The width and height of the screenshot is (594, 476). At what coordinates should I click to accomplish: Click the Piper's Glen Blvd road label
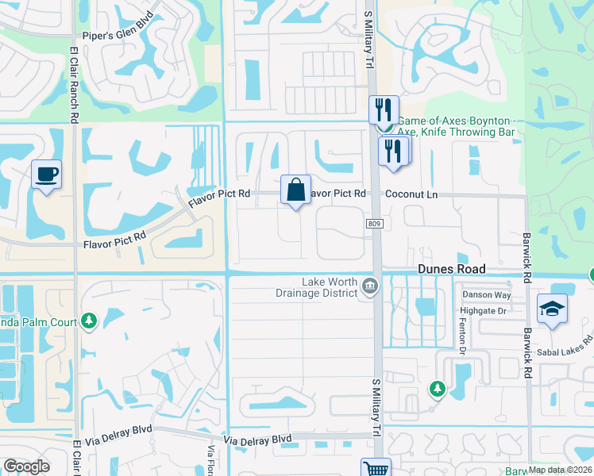point(118,36)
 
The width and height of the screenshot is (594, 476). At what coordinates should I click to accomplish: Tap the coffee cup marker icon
point(46,174)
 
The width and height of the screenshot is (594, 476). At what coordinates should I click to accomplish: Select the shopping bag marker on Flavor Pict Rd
point(295,190)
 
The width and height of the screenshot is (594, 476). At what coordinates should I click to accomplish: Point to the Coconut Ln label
point(411,194)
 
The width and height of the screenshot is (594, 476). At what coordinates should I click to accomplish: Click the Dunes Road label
point(451,270)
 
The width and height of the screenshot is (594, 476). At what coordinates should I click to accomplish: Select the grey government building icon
point(369,286)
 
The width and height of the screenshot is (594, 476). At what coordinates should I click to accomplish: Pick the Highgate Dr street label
point(484,312)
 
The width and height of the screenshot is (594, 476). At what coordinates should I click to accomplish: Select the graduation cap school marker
point(552,309)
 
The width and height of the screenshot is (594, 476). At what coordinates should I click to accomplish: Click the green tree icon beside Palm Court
point(89,322)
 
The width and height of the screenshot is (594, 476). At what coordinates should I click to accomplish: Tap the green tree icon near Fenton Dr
point(437,389)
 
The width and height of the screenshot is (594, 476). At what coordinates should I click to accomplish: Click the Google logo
point(26,466)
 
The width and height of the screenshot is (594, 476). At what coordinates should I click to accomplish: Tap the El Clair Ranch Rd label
point(74,83)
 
